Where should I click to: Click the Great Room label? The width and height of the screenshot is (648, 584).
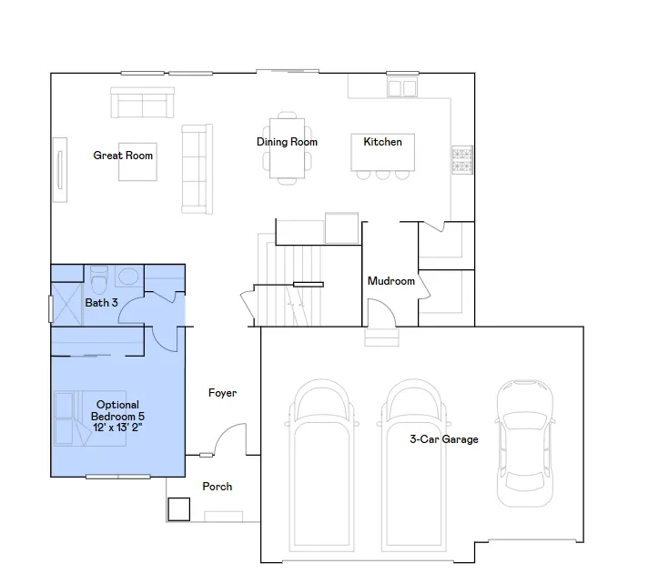(123, 156)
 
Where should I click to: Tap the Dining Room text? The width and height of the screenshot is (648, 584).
(287, 142)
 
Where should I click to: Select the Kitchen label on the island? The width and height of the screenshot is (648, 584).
(382, 142)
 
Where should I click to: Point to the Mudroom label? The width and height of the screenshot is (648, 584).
(391, 281)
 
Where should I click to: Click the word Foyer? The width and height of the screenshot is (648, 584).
(222, 393)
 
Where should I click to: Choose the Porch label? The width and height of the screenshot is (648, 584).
(217, 487)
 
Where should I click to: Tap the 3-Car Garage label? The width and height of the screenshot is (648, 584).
(444, 439)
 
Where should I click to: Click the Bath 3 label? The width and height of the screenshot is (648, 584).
(101, 303)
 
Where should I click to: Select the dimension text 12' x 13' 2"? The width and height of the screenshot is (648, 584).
(117, 428)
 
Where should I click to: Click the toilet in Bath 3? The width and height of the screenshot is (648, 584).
(99, 279)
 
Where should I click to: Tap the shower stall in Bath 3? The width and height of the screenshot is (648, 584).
(66, 304)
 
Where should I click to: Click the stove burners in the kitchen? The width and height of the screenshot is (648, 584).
(462, 160)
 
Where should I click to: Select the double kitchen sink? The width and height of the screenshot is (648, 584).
(401, 88)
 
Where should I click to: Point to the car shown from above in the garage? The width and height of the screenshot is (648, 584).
(525, 443)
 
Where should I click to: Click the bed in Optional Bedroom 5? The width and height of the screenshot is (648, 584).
(90, 418)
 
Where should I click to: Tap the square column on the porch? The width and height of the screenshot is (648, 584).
(179, 509)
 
